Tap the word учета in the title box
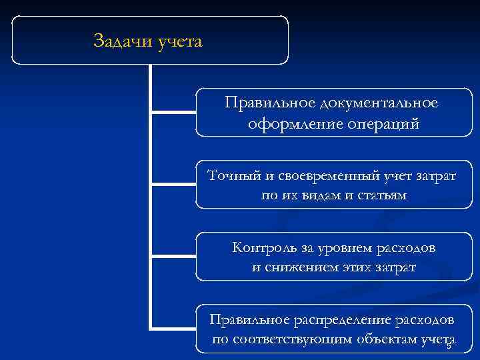point(179,42)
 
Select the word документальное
point(379,103)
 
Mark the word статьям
point(383,196)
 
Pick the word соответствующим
point(287,341)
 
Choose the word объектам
point(378,341)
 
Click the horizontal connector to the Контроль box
point(173,255)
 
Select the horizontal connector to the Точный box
point(173,182)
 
